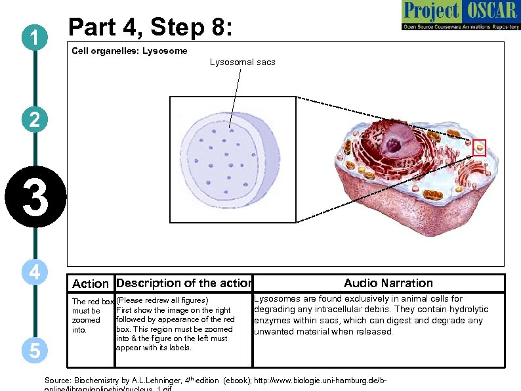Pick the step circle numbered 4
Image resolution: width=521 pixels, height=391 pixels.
pos(33,271)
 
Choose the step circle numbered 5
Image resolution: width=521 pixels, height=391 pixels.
pos(33,350)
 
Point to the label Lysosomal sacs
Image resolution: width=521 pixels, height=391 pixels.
pos(242,62)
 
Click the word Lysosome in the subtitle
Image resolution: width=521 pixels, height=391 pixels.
pos(165,51)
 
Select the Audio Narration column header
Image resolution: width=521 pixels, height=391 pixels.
pos(388,283)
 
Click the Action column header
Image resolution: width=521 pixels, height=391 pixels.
pos(90,284)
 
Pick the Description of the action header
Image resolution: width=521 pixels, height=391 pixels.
pos(184,283)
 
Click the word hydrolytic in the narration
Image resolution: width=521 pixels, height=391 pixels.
pos(465,310)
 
